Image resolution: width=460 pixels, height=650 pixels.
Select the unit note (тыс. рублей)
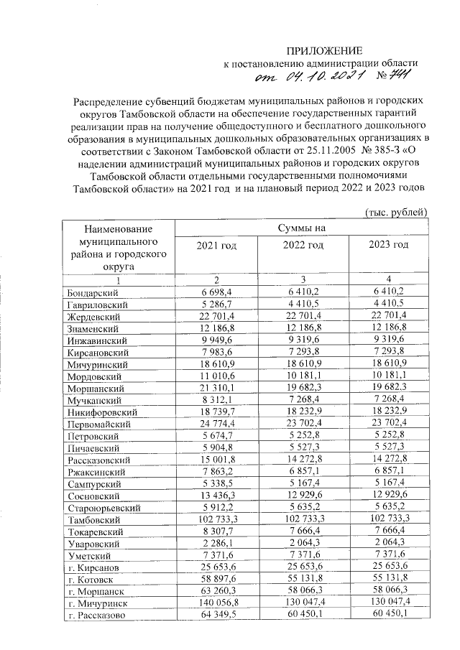pos(397,211)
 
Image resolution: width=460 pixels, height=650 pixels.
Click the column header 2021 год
pos(216,245)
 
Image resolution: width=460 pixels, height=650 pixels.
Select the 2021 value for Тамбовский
pos(216,520)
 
